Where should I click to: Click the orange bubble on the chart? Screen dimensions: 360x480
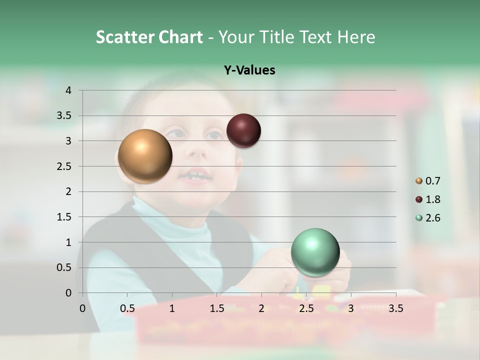click(x=145, y=156)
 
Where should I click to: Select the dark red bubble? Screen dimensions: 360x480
click(x=243, y=130)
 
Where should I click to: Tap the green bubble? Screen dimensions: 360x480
click(x=315, y=252)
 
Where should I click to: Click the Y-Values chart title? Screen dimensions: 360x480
click(x=249, y=70)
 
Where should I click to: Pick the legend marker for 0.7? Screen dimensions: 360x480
click(x=419, y=181)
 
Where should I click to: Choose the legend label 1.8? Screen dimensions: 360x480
click(x=433, y=199)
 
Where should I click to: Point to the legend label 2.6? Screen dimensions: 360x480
click(x=433, y=218)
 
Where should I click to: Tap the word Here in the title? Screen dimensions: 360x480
click(x=356, y=37)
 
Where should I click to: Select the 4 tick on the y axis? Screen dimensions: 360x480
click(x=68, y=90)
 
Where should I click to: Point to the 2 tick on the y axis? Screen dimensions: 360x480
click(x=68, y=191)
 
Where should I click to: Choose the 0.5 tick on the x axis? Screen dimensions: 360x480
click(x=127, y=308)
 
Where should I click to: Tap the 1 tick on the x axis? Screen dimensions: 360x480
click(x=172, y=308)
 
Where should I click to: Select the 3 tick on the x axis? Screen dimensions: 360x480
click(x=351, y=308)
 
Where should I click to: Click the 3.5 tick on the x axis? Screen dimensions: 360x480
click(x=395, y=308)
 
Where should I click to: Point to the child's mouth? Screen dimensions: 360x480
click(x=195, y=176)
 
